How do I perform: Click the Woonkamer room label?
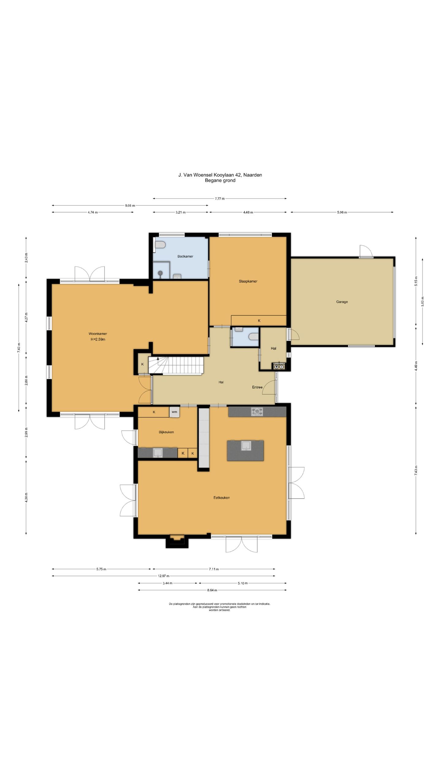click(x=98, y=334)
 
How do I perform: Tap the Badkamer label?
click(x=185, y=256)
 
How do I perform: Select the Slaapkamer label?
click(x=248, y=281)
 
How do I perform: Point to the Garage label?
click(x=342, y=302)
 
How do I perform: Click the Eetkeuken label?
click(x=221, y=498)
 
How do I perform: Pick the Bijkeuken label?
click(x=166, y=432)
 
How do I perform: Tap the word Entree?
click(x=257, y=387)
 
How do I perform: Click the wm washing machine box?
click(x=174, y=412)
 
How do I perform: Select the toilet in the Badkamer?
click(x=160, y=245)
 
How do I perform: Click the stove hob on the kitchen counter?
click(x=257, y=412)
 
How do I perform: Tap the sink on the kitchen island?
click(x=246, y=446)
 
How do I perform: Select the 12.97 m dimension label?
click(x=164, y=576)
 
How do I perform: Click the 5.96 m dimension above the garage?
click(x=342, y=212)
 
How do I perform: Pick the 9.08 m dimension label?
click(x=130, y=205)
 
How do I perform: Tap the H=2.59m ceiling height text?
click(x=98, y=339)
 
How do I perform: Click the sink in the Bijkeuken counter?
click(x=158, y=453)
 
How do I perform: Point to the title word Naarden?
click(x=253, y=175)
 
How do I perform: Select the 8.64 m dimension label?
click(x=212, y=590)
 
